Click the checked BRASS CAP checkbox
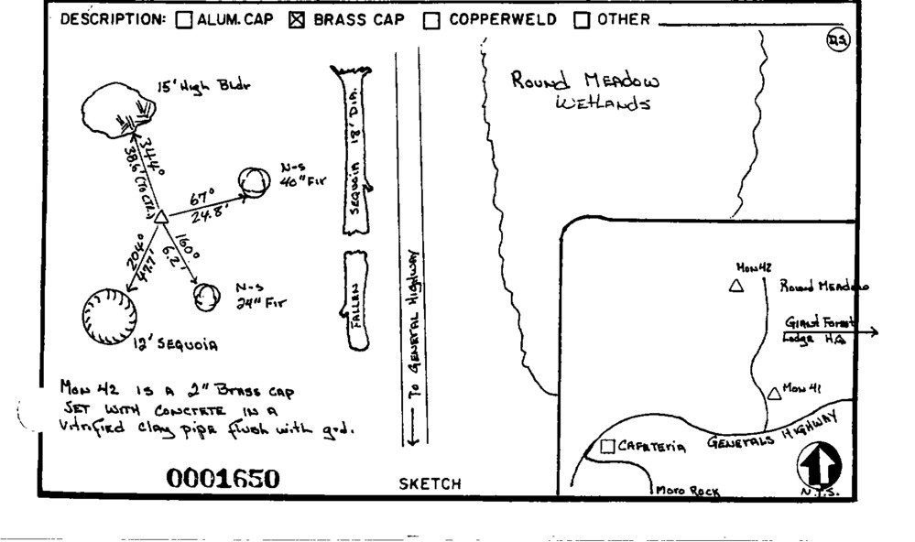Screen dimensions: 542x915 point(296,20)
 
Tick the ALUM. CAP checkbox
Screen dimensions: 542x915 point(183,20)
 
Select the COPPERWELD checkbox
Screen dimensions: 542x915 point(431,20)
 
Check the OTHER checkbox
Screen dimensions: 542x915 point(581,20)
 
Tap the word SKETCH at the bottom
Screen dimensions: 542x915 point(430,484)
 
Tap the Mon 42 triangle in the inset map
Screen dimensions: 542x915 point(735,286)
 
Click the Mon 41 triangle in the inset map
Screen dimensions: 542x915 point(774,393)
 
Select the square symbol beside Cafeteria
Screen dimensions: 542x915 point(606,447)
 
